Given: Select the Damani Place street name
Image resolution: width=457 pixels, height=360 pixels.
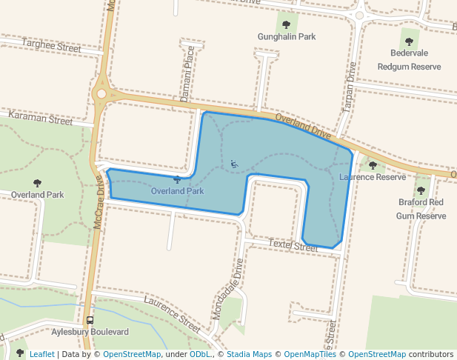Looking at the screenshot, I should tap(189, 69).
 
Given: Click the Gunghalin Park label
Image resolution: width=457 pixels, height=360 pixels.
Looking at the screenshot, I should tap(287, 36).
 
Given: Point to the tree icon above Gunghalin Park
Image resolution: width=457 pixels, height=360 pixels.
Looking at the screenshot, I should tap(287, 24).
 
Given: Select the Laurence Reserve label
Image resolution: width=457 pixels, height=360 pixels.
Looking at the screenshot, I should tap(373, 177).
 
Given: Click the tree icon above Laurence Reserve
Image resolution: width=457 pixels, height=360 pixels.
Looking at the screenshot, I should tap(373, 165).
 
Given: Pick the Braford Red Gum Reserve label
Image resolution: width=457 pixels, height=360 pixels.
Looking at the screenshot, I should tap(421, 208).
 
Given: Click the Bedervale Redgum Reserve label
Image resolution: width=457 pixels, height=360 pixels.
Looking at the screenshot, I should tap(409, 59).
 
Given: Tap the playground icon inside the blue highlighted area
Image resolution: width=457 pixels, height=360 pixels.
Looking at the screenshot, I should tap(234, 164).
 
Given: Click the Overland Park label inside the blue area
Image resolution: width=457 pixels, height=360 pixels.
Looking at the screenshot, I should tap(177, 191).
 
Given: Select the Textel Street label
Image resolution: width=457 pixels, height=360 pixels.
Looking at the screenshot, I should tap(293, 244).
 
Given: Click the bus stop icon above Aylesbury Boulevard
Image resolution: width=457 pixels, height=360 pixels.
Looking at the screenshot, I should tap(90, 321).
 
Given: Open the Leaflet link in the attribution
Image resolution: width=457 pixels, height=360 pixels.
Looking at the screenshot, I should tap(41, 354).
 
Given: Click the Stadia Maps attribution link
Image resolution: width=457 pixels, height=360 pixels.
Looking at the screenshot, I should tap(249, 354).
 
